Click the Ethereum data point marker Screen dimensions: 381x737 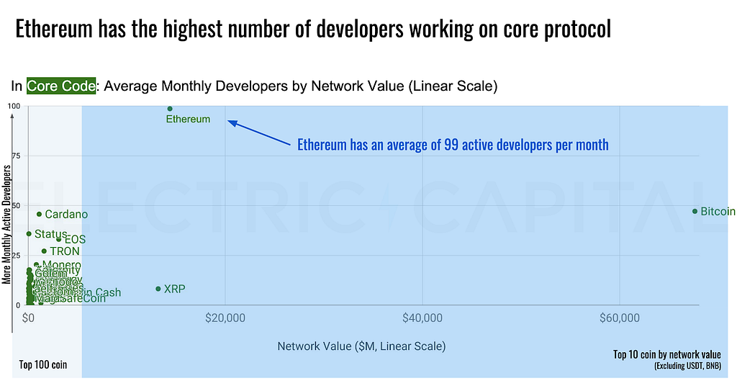pyautogui.click(x=170, y=109)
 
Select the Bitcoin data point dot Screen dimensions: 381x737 pyautogui.click(x=695, y=211)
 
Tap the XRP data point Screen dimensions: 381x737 pyautogui.click(x=158, y=289)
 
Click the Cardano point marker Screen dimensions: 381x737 pyautogui.click(x=39, y=214)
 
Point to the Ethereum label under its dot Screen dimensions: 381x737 pyautogui.click(x=188, y=119)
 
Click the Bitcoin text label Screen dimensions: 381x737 pyautogui.click(x=718, y=211)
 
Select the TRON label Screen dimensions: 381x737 pyautogui.click(x=65, y=251)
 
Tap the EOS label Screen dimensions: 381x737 pyautogui.click(x=75, y=239)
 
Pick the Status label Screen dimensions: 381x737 pyautogui.click(x=50, y=234)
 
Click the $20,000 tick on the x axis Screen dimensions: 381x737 pyautogui.click(x=226, y=318)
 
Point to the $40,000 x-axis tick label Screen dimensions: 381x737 pyautogui.click(x=422, y=318)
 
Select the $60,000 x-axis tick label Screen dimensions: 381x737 pyautogui.click(x=620, y=318)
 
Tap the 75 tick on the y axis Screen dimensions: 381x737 pyautogui.click(x=15, y=156)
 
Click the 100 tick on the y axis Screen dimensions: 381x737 pyautogui.click(x=14, y=107)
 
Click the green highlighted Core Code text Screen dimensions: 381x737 pyautogui.click(x=61, y=86)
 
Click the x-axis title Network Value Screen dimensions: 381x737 pyautogui.click(x=361, y=346)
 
